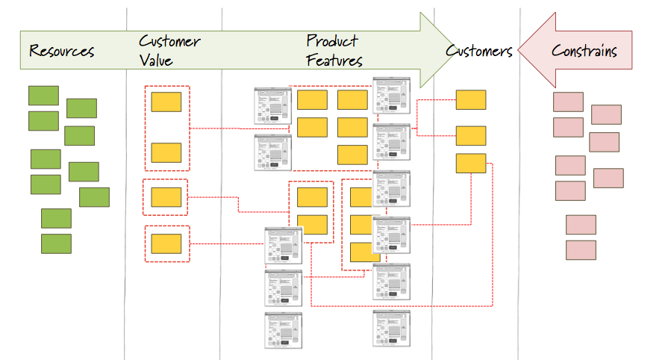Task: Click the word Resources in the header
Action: click(62, 51)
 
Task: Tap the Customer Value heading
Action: click(169, 49)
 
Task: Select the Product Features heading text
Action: click(334, 50)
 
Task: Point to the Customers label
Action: click(478, 51)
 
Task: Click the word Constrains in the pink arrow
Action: click(584, 51)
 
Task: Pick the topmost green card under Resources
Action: click(43, 96)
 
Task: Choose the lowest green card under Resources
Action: click(56, 243)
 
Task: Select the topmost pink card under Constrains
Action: click(568, 102)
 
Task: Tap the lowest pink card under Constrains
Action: click(581, 249)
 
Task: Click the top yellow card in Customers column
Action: click(471, 99)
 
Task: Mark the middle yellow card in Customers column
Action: click(471, 135)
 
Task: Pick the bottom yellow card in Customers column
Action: click(471, 163)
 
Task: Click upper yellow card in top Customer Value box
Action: click(166, 102)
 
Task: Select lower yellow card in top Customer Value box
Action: click(166, 152)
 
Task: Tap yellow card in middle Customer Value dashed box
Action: click(166, 197)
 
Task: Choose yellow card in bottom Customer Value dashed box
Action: click(166, 243)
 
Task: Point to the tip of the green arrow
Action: click(454, 50)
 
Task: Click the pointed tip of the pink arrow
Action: click(518, 50)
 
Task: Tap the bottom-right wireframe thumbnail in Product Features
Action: click(392, 329)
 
